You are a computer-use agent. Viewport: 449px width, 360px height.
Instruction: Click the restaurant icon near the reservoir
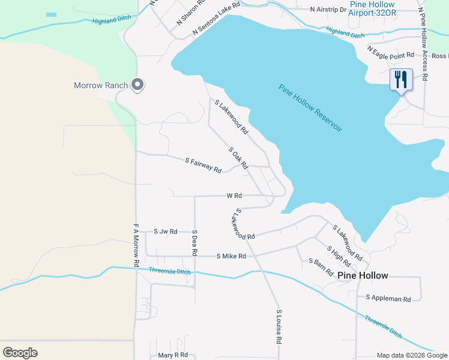point(401,80)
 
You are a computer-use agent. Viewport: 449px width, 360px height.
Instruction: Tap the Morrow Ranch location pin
point(137,85)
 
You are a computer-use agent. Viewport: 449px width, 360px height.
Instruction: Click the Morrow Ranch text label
point(101,85)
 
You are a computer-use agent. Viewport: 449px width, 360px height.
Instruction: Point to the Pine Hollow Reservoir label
point(310,109)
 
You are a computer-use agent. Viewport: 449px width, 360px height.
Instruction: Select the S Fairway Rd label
point(203,166)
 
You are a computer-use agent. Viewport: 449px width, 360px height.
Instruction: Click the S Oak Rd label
point(238,158)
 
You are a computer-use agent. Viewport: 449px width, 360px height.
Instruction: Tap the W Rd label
point(234,196)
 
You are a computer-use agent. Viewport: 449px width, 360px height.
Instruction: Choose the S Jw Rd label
point(166,231)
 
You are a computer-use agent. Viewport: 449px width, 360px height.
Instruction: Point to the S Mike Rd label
point(231,256)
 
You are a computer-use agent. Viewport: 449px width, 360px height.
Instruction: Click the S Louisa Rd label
point(279,326)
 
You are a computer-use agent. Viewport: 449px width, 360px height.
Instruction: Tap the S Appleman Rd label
point(388,299)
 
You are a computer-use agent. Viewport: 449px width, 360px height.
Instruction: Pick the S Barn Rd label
point(321,266)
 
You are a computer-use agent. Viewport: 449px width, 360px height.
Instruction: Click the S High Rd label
point(339,256)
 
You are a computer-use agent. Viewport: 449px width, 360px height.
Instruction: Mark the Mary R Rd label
point(173,355)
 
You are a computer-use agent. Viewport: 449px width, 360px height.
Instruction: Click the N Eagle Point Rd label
point(391,55)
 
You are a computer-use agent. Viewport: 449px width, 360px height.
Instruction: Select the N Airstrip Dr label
point(328,10)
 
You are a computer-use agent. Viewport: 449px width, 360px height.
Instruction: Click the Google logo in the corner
point(20,352)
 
